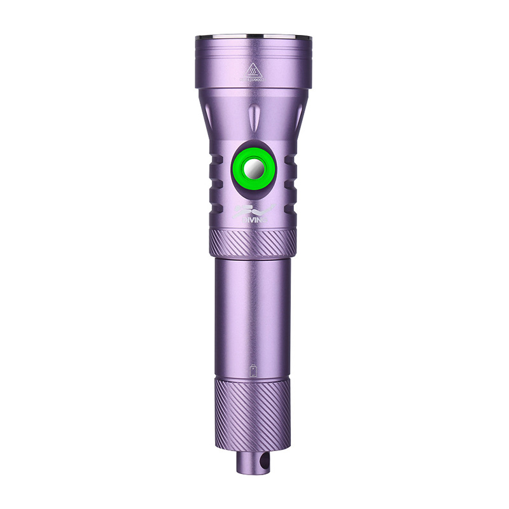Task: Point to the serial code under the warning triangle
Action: [x=253, y=80]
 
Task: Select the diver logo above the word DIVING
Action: [x=253, y=209]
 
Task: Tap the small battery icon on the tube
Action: [x=253, y=370]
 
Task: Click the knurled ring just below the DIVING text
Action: [x=253, y=243]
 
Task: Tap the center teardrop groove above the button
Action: [x=253, y=118]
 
